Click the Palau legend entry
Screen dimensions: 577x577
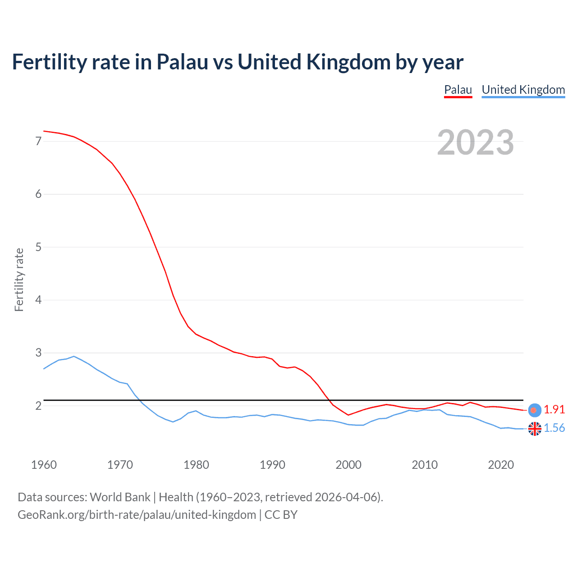[x=458, y=90]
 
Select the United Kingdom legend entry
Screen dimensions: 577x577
[x=523, y=90]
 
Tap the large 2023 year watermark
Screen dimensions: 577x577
[x=476, y=142]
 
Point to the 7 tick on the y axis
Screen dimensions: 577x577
[x=38, y=142]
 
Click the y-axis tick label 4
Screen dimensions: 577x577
[x=38, y=300]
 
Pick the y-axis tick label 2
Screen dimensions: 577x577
[x=38, y=406]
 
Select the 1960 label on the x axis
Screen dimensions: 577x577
[x=44, y=465]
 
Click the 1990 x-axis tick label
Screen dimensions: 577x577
[x=272, y=465]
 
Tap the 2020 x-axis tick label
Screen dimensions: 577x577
[x=501, y=465]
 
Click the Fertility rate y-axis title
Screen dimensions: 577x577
[x=19, y=279]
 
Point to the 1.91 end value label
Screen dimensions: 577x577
[x=554, y=409]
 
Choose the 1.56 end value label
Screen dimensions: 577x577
[x=554, y=428]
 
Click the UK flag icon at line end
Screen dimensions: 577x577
[x=535, y=429]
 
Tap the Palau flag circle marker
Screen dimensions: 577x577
[x=535, y=410]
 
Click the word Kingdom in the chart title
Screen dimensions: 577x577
[x=348, y=62]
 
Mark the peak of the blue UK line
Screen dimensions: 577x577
[x=74, y=356]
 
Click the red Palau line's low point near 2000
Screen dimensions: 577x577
[x=348, y=415]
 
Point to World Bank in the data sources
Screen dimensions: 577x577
[x=120, y=497]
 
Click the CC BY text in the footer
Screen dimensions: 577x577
[x=281, y=515]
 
